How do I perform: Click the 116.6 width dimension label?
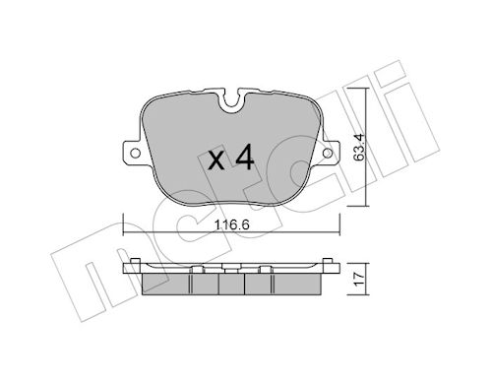pyautogui.click(x=231, y=225)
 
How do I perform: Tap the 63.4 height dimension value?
pyautogui.click(x=359, y=147)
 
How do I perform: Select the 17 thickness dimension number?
pyautogui.click(x=359, y=279)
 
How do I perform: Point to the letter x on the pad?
pyautogui.click(x=216, y=161)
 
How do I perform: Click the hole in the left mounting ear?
pyautogui.click(x=135, y=153)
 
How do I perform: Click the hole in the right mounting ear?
pyautogui.click(x=327, y=153)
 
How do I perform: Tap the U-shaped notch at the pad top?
pyautogui.click(x=231, y=100)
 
